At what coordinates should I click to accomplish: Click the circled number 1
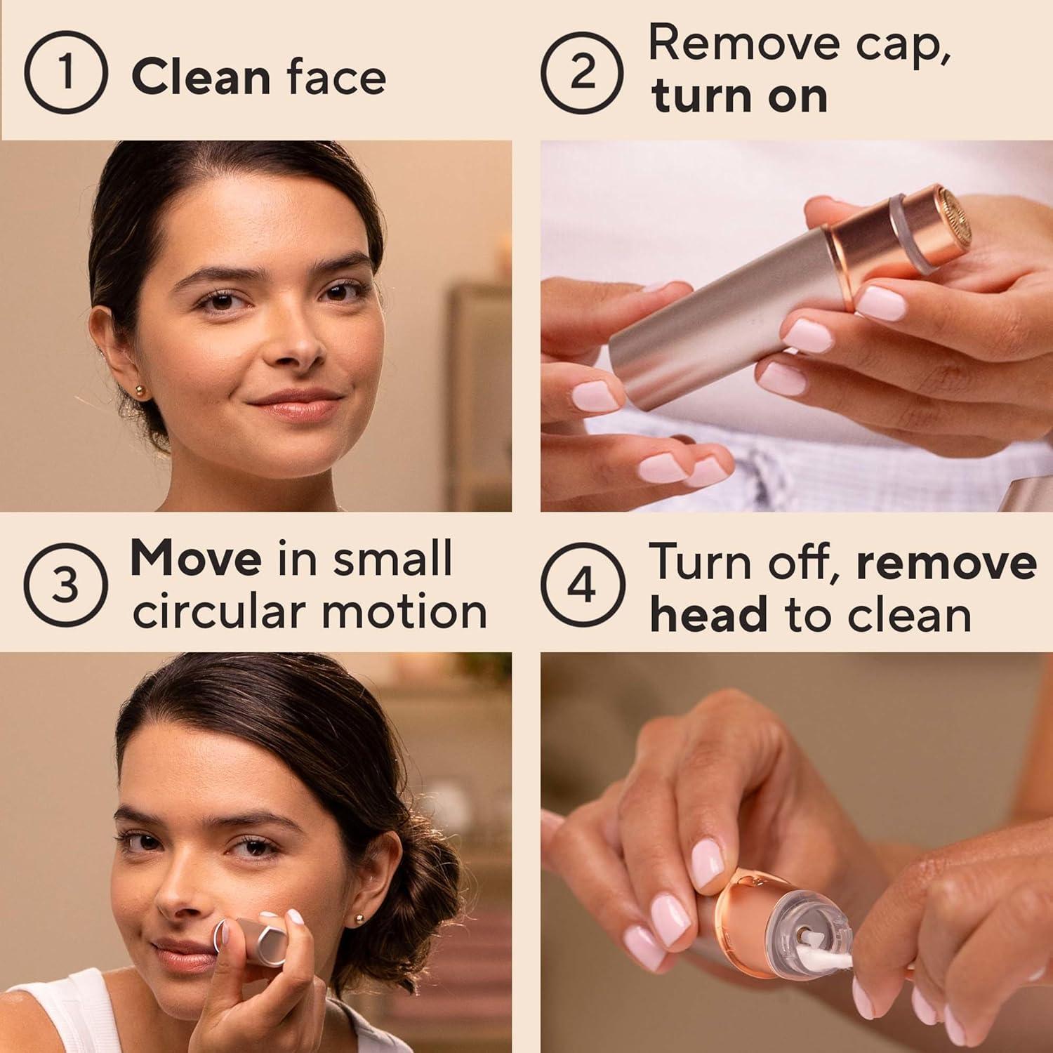click(x=65, y=72)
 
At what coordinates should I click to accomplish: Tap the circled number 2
click(x=582, y=72)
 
